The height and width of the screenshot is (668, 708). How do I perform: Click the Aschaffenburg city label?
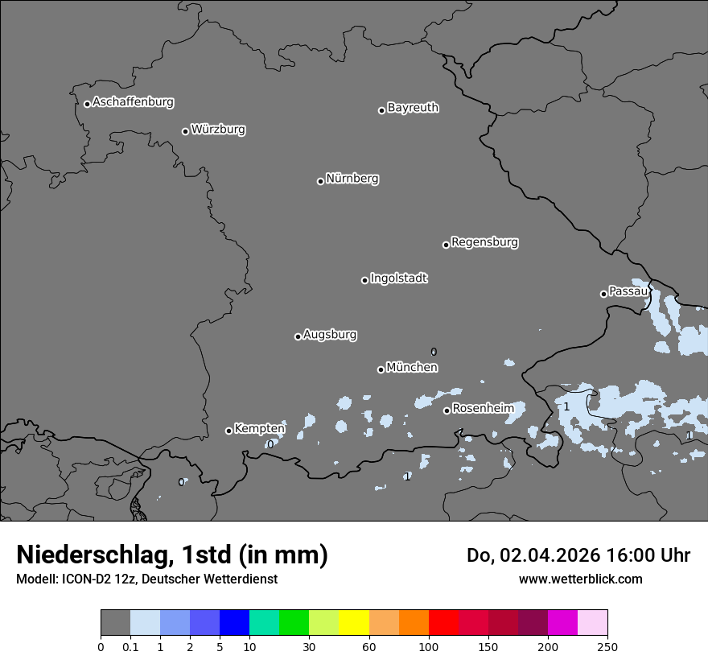[133, 102]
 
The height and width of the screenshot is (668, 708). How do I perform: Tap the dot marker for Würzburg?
[185, 131]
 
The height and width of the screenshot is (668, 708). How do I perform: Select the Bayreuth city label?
[413, 108]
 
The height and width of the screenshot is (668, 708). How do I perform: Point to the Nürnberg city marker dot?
[320, 181]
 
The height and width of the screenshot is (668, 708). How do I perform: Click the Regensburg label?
[484, 242]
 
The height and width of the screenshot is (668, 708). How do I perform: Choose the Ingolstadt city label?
[398, 278]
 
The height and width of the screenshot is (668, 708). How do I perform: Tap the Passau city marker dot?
[603, 294]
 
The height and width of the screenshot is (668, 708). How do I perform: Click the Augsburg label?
[330, 335]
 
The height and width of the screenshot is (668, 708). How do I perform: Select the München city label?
[412, 368]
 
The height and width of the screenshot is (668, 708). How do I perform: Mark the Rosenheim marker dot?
[447, 411]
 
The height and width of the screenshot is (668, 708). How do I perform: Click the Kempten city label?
[259, 429]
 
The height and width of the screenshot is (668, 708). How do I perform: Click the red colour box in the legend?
[443, 623]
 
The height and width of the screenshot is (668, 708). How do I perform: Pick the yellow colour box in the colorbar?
[354, 623]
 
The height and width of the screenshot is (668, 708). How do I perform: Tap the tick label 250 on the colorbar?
[607, 646]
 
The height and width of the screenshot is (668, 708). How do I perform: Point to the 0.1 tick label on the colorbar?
[130, 646]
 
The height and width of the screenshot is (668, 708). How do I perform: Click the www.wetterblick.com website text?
[580, 579]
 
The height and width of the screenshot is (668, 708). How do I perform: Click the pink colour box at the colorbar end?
[593, 623]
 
